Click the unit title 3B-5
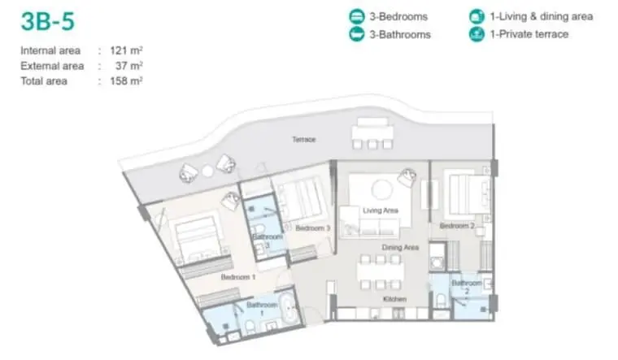(x=48, y=21)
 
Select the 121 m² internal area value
(x=126, y=50)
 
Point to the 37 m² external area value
(x=128, y=66)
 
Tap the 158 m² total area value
(x=126, y=80)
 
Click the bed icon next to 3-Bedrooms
(x=357, y=16)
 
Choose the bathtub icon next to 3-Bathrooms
(x=357, y=34)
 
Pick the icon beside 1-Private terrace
(x=477, y=34)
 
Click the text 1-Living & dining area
(x=541, y=16)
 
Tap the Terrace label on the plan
(x=304, y=140)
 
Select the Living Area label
(x=381, y=210)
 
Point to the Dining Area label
(x=400, y=247)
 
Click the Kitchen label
(x=394, y=299)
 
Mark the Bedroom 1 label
(x=238, y=277)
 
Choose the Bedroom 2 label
(x=457, y=226)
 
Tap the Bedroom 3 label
(x=312, y=228)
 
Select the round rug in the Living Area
(x=381, y=190)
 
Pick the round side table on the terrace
(x=207, y=171)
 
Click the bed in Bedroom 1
(x=198, y=237)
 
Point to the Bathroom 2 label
(x=467, y=287)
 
